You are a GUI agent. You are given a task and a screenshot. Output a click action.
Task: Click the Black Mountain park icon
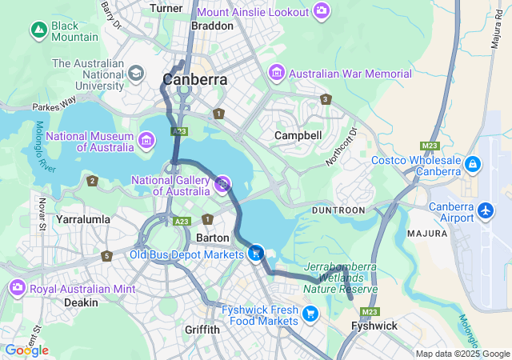38,30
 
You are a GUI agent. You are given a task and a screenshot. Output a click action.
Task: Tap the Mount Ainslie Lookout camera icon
321,11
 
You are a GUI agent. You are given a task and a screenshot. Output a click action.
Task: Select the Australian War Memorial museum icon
278,74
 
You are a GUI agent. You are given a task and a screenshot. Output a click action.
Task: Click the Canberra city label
194,79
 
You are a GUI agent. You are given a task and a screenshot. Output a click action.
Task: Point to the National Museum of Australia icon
146,142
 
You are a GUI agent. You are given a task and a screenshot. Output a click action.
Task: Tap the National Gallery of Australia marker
223,185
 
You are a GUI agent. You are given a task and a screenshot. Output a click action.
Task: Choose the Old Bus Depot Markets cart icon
256,254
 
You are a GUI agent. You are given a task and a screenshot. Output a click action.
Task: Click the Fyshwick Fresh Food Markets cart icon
310,314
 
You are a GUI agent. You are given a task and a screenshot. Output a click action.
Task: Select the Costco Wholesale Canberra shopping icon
473,165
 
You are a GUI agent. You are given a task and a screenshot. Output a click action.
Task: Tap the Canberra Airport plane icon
486,211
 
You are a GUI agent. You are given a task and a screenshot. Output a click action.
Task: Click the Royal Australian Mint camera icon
17,286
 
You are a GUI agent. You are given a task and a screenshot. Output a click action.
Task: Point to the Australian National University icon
135,74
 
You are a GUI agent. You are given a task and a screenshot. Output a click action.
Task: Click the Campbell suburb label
298,135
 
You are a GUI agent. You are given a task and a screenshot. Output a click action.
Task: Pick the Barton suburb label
214,238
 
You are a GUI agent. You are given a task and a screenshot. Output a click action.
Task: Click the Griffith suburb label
202,329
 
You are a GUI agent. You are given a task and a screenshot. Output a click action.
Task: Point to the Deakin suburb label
81,302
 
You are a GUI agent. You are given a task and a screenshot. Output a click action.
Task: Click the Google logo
26,350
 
